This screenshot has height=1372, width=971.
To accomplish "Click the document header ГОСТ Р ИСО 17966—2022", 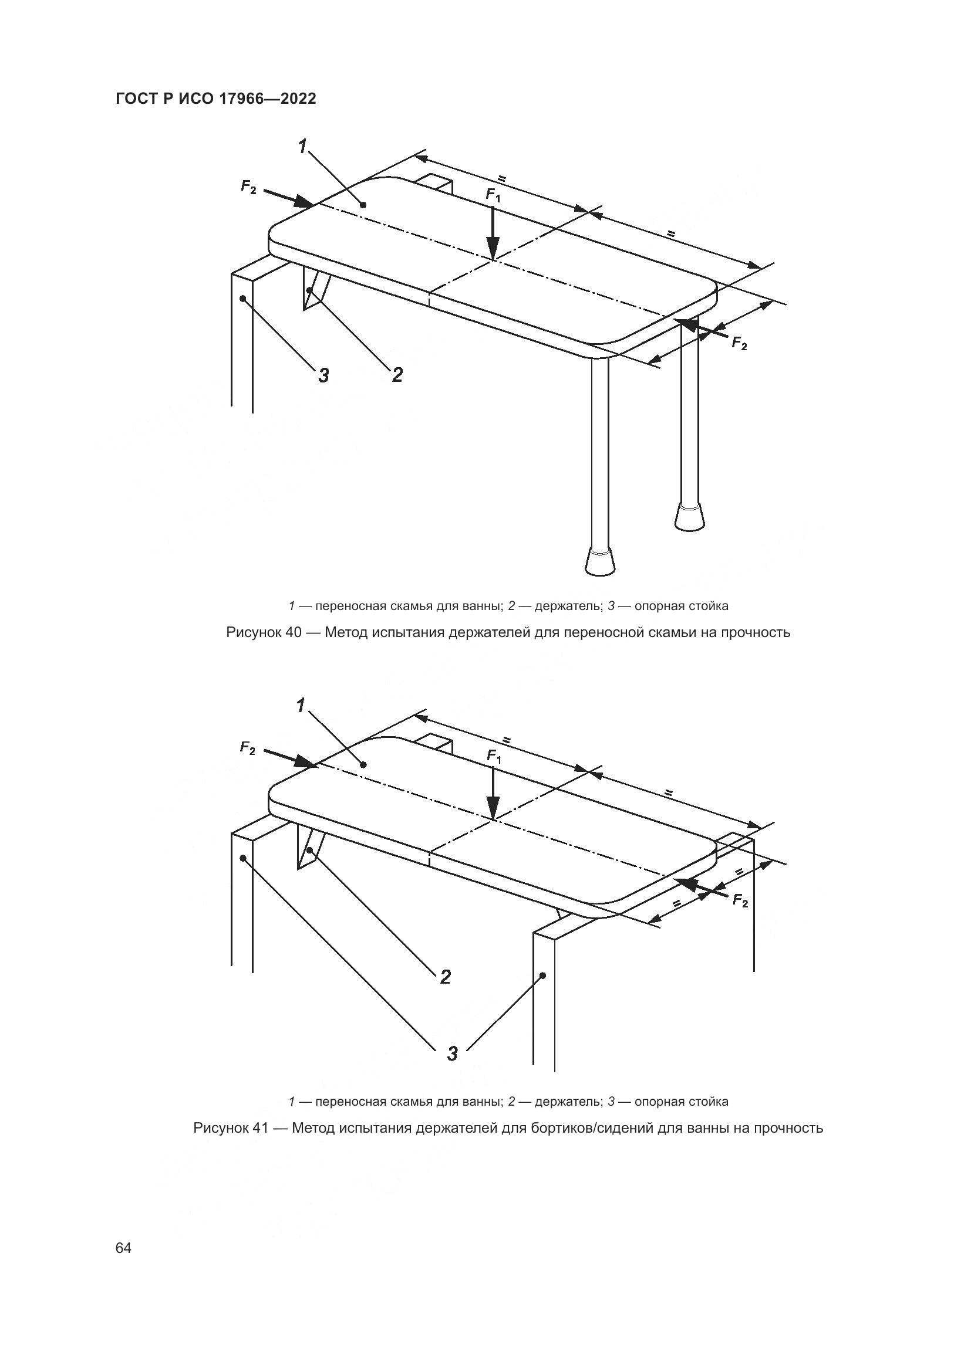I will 215,99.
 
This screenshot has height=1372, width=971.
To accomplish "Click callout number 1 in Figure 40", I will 303,145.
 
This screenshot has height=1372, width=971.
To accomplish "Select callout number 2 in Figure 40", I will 397,375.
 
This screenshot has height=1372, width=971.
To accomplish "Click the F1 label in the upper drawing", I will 493,195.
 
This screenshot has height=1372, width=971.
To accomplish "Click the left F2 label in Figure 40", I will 248,187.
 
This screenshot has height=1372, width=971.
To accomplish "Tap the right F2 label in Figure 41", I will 740,901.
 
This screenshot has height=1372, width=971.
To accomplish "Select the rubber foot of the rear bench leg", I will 689,516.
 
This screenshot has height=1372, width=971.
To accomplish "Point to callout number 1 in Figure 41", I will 301,706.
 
